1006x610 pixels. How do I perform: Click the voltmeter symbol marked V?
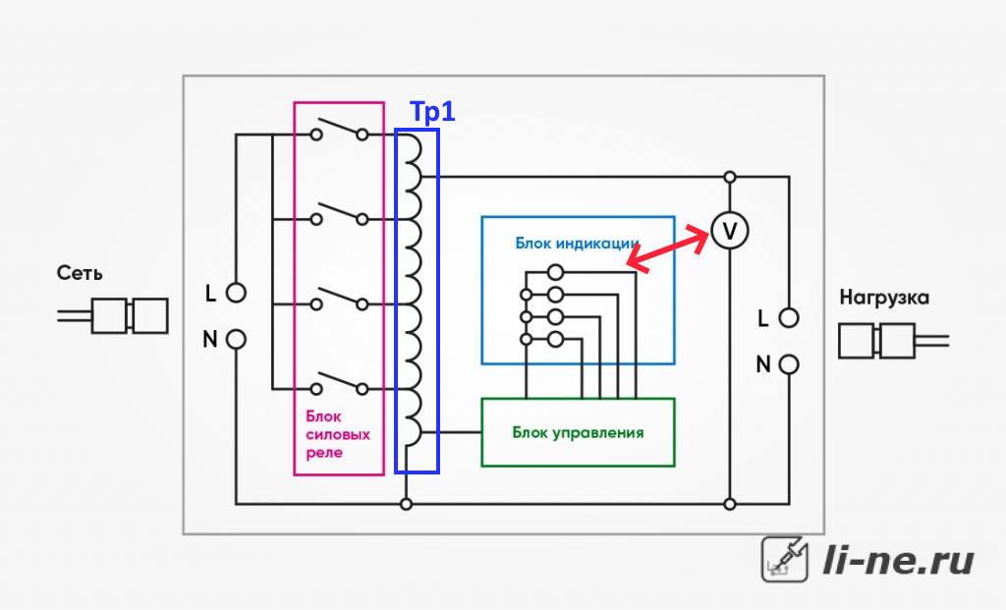(x=730, y=231)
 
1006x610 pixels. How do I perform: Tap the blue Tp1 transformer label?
(x=432, y=112)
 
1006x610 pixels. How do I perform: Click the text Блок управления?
(x=578, y=433)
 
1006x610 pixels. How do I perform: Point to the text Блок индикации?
(x=577, y=244)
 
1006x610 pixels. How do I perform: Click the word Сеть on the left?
(x=80, y=273)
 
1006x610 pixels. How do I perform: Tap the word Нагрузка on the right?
(x=884, y=298)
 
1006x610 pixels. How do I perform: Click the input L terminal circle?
(x=236, y=293)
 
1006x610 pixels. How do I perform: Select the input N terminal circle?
(x=236, y=339)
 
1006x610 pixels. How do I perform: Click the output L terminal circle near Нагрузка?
(x=789, y=317)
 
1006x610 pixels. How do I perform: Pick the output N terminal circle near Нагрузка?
(x=789, y=364)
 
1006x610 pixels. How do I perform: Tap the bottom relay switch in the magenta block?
(x=339, y=383)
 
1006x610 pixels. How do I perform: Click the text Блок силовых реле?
(x=338, y=434)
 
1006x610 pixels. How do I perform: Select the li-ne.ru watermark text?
(x=898, y=560)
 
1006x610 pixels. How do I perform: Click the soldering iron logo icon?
(x=785, y=559)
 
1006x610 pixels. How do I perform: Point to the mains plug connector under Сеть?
(x=113, y=315)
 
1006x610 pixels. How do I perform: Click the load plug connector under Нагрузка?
(x=893, y=341)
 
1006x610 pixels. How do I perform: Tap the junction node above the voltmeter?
(x=730, y=177)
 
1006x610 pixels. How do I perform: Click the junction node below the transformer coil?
(x=406, y=504)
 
